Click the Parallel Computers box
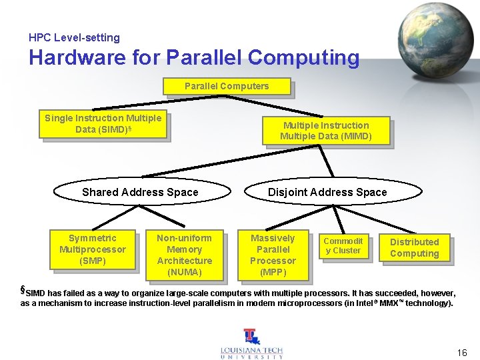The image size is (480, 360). pos(227,86)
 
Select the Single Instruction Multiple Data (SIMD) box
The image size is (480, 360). pos(103,124)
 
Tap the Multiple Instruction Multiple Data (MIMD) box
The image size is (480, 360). pos(325,131)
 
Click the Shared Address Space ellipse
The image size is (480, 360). pos(140,192)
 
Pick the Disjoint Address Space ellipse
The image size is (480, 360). pos(327,192)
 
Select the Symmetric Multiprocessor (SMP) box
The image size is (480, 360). pos(92,249)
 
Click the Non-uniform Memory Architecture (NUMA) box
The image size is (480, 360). pos(184,255)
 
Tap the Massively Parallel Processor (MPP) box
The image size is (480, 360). pos(273,255)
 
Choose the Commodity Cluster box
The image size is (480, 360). pos(343,246)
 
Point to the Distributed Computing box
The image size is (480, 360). pos(414,247)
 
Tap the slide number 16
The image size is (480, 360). pos(462,352)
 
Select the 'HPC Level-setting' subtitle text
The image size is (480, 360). pos(74,38)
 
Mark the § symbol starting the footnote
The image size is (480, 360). pos(22,290)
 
